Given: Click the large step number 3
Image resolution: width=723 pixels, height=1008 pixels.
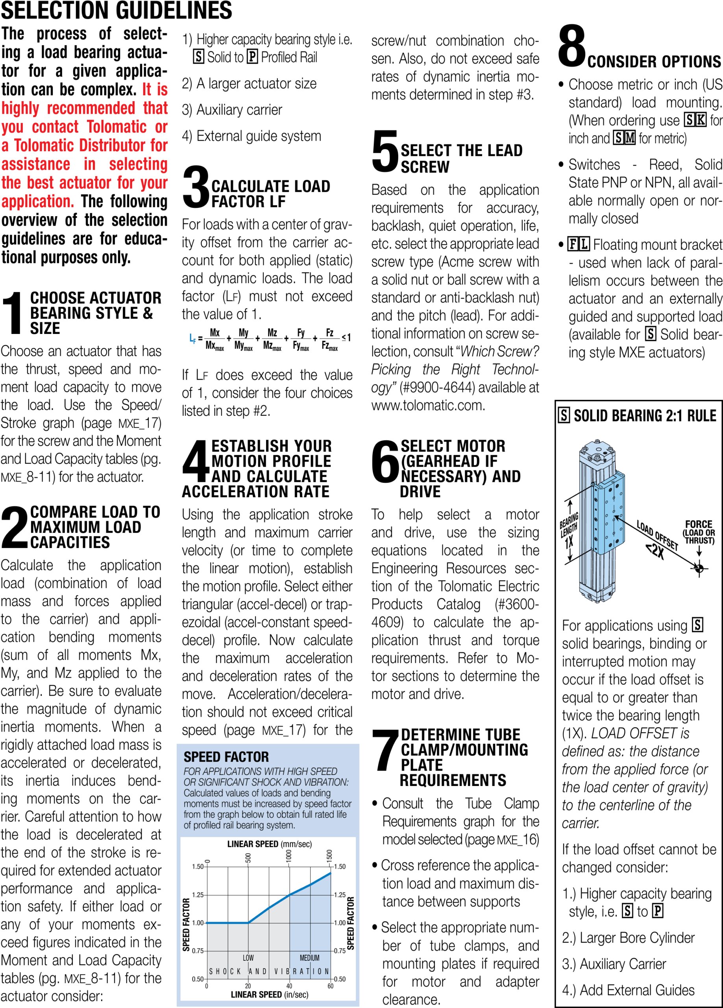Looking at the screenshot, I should point(196,187).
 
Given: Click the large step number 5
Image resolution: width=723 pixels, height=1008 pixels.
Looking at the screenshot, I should point(385,152).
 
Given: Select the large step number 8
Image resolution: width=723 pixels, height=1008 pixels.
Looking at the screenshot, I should point(572,46).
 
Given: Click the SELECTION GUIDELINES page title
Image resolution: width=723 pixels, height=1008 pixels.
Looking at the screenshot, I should point(116,10).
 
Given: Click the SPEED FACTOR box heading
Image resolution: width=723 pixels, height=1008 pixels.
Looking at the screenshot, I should point(226,756).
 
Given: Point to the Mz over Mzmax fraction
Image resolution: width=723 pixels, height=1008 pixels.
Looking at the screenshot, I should point(272,339).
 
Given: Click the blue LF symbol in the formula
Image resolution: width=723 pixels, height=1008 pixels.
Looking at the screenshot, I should point(192,339).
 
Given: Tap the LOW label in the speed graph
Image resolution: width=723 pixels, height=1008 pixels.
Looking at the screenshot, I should point(248,957).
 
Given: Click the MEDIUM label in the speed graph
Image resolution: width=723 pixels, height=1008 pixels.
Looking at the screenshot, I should point(309,957).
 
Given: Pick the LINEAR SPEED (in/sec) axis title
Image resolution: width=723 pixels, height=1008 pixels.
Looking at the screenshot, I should point(269,994).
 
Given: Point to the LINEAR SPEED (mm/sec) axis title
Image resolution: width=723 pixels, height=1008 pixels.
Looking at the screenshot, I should point(269,843).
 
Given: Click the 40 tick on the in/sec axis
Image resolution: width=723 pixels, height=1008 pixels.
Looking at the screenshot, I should point(289,986).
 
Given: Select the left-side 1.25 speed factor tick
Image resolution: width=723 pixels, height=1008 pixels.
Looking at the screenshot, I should point(198,895).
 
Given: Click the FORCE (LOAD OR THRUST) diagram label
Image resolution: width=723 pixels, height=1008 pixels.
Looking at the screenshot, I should point(699,532).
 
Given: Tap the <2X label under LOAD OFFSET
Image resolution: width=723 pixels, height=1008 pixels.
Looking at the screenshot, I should point(655,551).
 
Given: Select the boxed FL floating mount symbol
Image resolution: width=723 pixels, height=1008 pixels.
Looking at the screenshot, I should point(578,244).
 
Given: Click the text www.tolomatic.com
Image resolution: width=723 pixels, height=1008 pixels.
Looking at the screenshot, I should point(428,405).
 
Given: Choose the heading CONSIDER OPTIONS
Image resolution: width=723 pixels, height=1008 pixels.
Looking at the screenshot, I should point(654,62).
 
